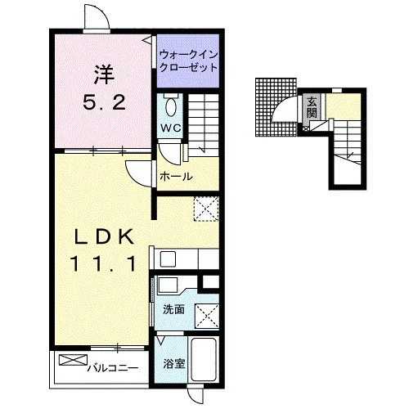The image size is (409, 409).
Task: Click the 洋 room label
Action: tap(104, 74)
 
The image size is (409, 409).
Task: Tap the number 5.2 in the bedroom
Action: tap(105, 101)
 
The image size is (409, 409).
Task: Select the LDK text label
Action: tap(105, 236)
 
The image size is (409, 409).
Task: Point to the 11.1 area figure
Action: tap(104, 263)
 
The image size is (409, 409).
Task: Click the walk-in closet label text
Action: tap(188, 61)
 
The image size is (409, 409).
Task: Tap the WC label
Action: tap(171, 128)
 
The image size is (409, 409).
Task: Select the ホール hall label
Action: tap(176, 177)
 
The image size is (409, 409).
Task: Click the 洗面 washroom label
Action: tap(173, 309)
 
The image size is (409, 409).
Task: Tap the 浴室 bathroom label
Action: tap(174, 363)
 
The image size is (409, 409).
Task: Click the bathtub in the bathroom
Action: tap(204, 360)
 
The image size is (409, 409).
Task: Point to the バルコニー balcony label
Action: tap(113, 369)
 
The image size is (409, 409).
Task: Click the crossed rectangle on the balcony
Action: tap(73, 360)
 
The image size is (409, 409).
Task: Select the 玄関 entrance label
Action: tap(312, 107)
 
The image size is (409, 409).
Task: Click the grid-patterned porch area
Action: tap(276, 107)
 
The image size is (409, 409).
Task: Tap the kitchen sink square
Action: tap(168, 259)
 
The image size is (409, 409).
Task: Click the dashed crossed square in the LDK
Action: tap(206, 209)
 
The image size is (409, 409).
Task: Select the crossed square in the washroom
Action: tap(207, 316)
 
